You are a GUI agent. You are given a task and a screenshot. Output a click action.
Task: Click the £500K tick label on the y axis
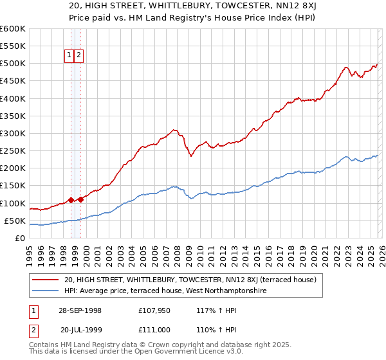(x=12, y=64)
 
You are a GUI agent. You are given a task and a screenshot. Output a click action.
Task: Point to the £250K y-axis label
(x=12, y=151)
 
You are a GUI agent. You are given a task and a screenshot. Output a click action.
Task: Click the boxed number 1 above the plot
(x=69, y=55)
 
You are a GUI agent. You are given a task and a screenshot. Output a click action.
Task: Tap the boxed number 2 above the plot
(x=78, y=55)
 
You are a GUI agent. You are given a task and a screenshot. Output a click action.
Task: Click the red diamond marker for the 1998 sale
(x=71, y=200)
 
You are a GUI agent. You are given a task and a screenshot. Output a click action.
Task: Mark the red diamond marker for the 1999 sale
(x=80, y=199)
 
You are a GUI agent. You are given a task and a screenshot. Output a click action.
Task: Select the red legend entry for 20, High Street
(x=190, y=280)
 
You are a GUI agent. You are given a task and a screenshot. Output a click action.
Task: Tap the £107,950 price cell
(x=153, y=310)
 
